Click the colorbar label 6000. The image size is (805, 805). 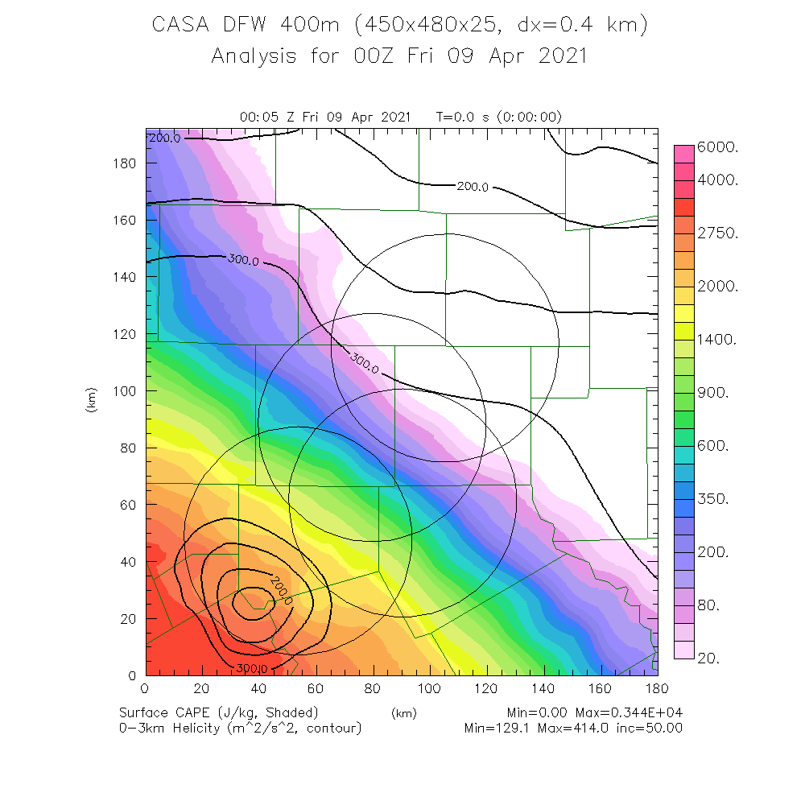(723, 147)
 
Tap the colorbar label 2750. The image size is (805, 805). (723, 233)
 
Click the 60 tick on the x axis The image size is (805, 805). (316, 690)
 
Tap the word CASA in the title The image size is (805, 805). (181, 25)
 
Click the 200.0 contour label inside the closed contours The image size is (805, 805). (281, 590)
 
